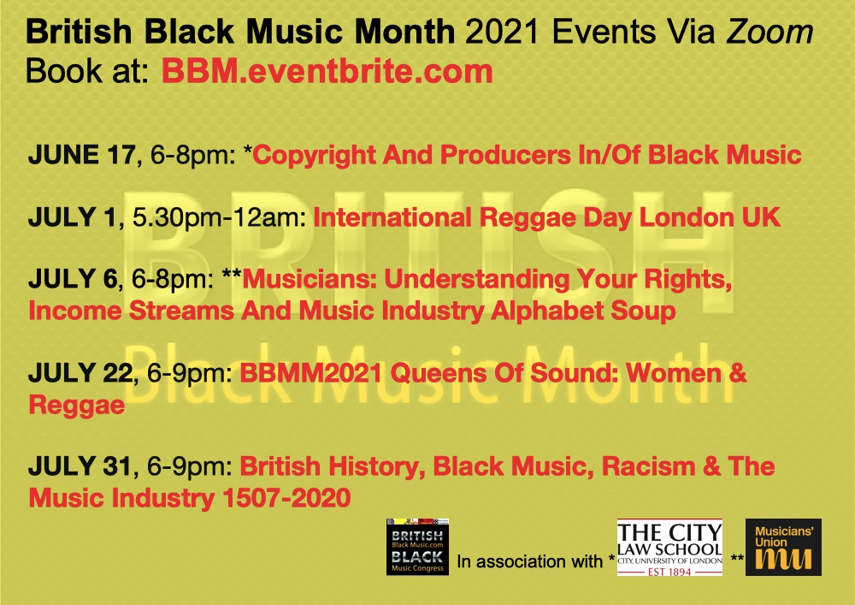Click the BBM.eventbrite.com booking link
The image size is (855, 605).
(x=327, y=72)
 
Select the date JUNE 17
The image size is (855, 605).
(x=81, y=155)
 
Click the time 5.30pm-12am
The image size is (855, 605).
(x=217, y=217)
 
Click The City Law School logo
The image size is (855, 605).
(x=669, y=547)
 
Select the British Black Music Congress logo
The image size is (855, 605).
(x=417, y=547)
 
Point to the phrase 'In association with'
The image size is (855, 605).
(x=531, y=562)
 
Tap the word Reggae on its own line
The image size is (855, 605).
(x=77, y=405)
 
